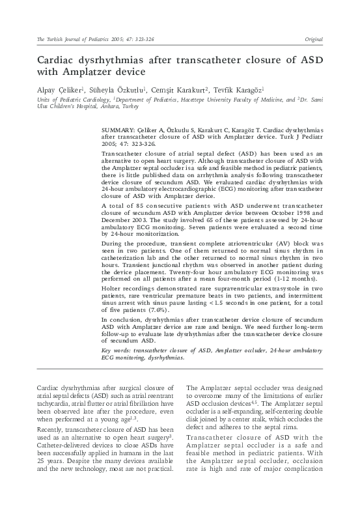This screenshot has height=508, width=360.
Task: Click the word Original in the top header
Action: pyautogui.click(x=314, y=40)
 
